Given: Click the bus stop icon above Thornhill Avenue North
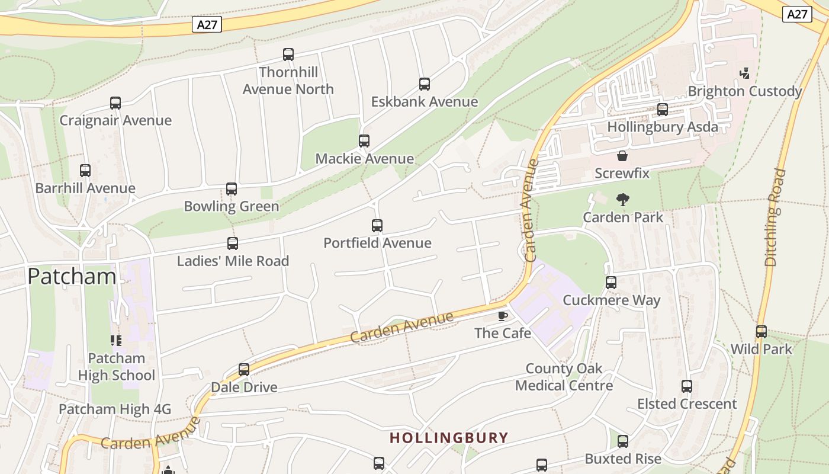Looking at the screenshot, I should (288, 55).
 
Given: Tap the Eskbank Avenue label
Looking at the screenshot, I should (424, 102).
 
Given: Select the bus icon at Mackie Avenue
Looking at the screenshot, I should (364, 141).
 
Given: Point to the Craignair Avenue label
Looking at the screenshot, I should (115, 120).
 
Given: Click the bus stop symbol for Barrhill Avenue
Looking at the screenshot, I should (85, 171).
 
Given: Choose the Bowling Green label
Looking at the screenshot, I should (231, 206).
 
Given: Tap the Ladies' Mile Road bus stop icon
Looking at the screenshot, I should (233, 244).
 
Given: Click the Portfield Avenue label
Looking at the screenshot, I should (377, 243).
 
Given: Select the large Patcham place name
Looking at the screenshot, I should (72, 276).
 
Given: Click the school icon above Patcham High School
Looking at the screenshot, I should (116, 340).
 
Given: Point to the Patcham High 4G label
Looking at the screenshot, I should (115, 409).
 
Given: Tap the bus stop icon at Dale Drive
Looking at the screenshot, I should (244, 370).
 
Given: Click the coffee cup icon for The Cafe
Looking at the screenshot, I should (503, 316).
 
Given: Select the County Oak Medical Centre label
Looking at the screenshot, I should (564, 377).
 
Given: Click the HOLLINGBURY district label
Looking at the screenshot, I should (449, 438).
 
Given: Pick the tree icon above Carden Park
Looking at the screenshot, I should (623, 200).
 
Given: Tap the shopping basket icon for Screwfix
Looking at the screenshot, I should (622, 156).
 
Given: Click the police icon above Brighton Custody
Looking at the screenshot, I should (745, 73).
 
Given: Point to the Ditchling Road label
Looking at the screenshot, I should (775, 217).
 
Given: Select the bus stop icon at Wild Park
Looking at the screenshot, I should (761, 332).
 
